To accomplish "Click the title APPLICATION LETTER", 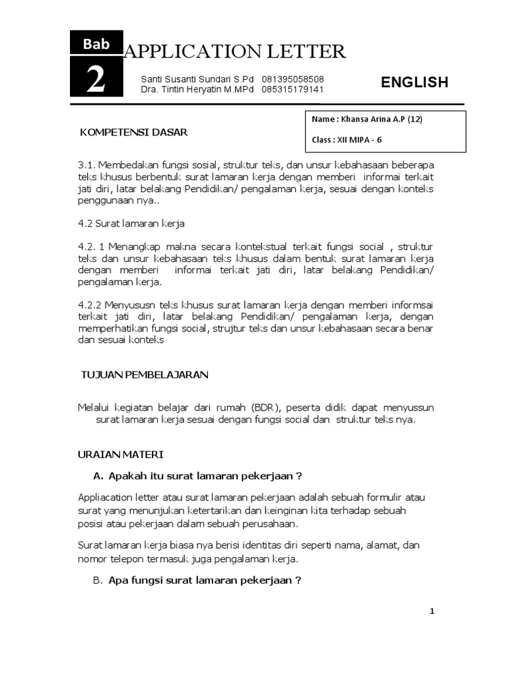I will click(x=234, y=51).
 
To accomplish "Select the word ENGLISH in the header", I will click(x=415, y=83).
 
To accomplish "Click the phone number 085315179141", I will click(x=292, y=89).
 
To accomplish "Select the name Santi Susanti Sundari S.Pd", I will click(x=197, y=79).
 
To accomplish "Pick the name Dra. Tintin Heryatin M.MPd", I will click(x=197, y=89).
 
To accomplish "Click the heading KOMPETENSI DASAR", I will click(x=133, y=132).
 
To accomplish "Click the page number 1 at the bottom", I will click(x=432, y=611).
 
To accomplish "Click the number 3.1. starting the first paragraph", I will click(x=87, y=164).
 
